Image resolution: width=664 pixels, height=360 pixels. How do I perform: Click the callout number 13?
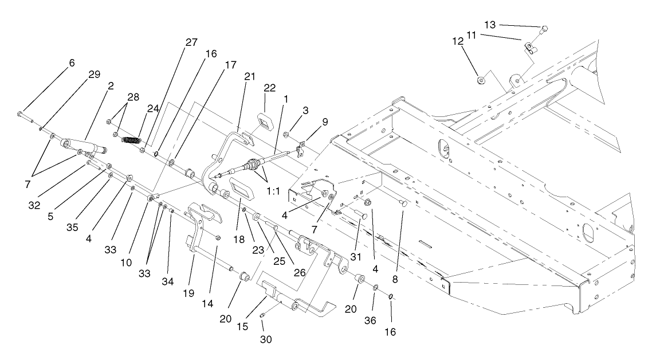[490, 25]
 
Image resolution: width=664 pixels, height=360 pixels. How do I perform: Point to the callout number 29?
[94, 75]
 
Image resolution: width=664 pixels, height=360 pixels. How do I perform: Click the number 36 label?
[370, 320]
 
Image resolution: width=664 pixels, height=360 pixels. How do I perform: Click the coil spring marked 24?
[132, 140]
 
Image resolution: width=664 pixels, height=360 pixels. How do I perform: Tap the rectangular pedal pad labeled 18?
[241, 188]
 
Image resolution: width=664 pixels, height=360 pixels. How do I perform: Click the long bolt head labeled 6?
[21, 113]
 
